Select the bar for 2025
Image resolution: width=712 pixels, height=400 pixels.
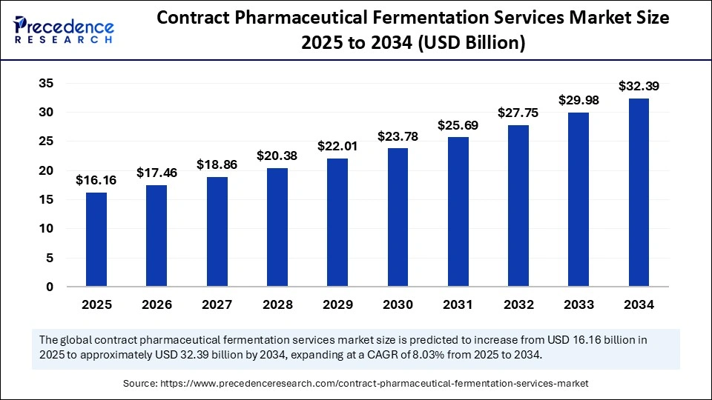96,239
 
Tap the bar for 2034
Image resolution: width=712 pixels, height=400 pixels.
639,192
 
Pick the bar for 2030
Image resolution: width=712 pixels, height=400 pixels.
398,217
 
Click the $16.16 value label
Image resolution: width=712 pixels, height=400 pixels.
96,180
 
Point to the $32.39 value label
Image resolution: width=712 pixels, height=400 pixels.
639,86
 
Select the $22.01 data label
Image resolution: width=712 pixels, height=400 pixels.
337,146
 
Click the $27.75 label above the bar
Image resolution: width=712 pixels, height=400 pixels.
518,113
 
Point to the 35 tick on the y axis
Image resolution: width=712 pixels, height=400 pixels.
46,84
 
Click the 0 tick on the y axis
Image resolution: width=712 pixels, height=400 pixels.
50,287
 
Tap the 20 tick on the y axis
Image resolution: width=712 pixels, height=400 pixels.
46,170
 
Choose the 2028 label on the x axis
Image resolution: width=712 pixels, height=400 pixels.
277,304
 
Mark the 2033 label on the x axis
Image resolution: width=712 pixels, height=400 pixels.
578,304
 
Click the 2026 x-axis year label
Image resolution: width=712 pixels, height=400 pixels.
156,304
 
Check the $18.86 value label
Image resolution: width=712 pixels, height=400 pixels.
217,164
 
